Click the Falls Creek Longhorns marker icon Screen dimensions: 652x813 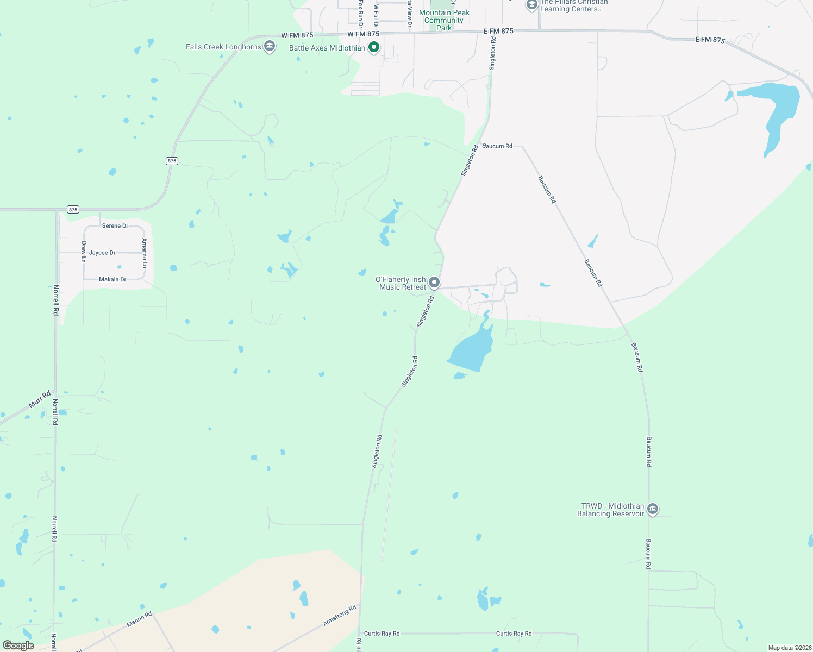(x=269, y=47)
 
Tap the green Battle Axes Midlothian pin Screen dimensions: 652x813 (x=374, y=48)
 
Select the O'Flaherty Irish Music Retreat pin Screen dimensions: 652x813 (x=434, y=283)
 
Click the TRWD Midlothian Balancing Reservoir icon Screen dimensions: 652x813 (x=653, y=509)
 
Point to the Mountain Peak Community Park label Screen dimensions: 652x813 (x=444, y=20)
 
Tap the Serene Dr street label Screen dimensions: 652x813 (x=115, y=226)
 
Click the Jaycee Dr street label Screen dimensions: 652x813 (x=102, y=253)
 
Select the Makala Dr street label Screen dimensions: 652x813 (x=112, y=280)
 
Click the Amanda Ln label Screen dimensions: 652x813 (x=145, y=253)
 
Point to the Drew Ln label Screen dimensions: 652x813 (x=84, y=252)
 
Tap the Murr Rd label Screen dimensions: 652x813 (x=40, y=399)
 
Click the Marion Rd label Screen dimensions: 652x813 (x=139, y=619)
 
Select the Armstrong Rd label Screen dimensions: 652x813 (x=340, y=615)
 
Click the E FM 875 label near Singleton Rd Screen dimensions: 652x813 (x=498, y=32)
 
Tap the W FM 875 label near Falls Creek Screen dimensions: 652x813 (x=297, y=35)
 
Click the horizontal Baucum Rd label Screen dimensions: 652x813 (x=497, y=146)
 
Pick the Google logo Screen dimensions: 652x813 (x=18, y=645)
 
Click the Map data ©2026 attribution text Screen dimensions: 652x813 (x=789, y=648)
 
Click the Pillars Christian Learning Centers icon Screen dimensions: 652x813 (x=531, y=5)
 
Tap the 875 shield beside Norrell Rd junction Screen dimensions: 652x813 (x=73, y=210)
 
